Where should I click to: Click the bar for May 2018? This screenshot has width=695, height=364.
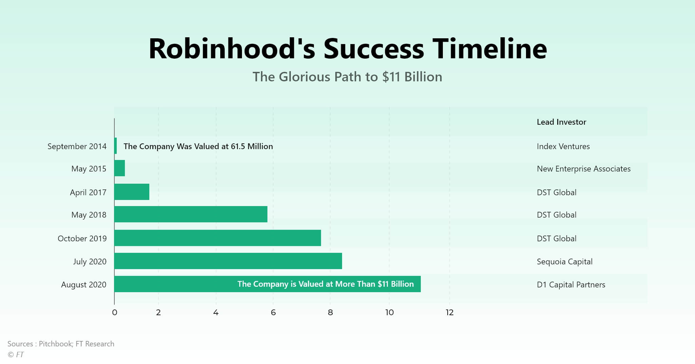pyautogui.click(x=191, y=214)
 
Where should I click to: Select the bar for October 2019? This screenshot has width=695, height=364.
pyautogui.click(x=218, y=238)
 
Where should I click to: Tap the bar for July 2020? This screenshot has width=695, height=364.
pyautogui.click(x=228, y=261)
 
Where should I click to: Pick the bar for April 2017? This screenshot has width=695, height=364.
pyautogui.click(x=132, y=192)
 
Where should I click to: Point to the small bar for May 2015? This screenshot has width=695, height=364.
pyautogui.click(x=119, y=168)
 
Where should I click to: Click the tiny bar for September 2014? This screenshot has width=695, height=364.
pyautogui.click(x=115, y=146)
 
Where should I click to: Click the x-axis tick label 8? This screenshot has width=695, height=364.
pyautogui.click(x=330, y=312)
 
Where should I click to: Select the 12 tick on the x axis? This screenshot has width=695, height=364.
pyautogui.click(x=450, y=312)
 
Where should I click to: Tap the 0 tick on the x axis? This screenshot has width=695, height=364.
pyautogui.click(x=114, y=312)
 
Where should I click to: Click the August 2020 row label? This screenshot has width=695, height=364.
pyautogui.click(x=84, y=285)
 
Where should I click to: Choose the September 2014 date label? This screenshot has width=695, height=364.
pyautogui.click(x=77, y=146)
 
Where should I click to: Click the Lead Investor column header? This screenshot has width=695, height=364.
pyautogui.click(x=561, y=122)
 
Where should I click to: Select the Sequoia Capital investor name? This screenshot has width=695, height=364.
pyautogui.click(x=565, y=262)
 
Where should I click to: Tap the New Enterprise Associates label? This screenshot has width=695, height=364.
pyautogui.click(x=584, y=169)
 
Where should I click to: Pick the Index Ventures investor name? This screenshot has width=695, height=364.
pyautogui.click(x=563, y=146)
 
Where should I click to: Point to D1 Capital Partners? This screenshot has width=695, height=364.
pyautogui.click(x=571, y=285)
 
